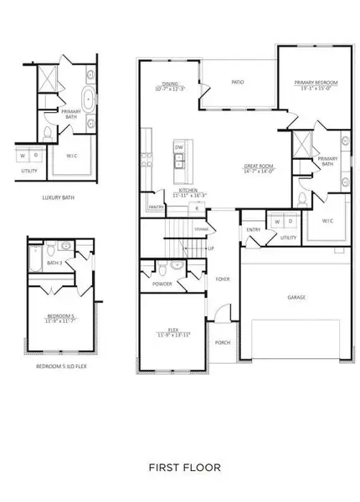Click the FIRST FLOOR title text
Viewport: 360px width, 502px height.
180,468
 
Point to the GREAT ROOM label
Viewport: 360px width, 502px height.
257,167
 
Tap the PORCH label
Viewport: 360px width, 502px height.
223,341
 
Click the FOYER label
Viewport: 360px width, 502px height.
222,280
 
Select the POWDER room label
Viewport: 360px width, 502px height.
162,283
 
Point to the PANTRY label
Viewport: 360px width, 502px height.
156,206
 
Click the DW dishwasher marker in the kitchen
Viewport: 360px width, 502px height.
178,147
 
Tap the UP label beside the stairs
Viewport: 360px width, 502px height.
210,248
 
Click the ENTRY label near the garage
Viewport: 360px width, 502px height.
253,230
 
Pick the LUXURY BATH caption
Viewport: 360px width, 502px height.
60,198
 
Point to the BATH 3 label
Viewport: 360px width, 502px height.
54,263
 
